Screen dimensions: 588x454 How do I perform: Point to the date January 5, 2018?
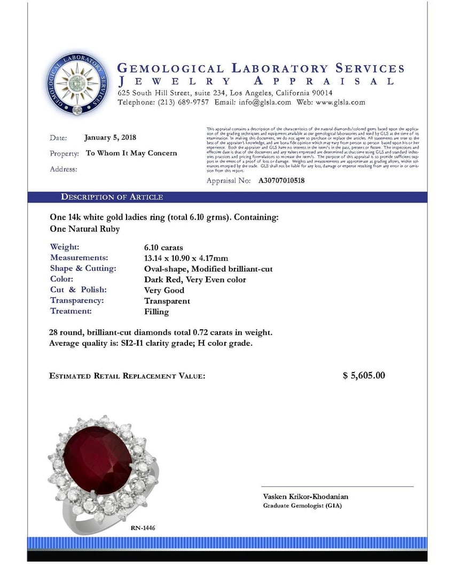pyautogui.click(x=110, y=137)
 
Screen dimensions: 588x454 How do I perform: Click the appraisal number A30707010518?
pyautogui.click(x=281, y=181)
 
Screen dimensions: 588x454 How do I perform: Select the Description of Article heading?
pyautogui.click(x=112, y=197)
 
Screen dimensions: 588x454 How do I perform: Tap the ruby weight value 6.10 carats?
pyautogui.click(x=163, y=247)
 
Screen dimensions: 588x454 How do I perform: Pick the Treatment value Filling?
pyautogui.click(x=156, y=312)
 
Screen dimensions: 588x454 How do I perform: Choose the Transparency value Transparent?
pyautogui.click(x=167, y=301)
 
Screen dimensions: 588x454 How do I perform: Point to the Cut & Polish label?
pyautogui.click(x=79, y=290)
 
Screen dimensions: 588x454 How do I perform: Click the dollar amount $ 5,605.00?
pyautogui.click(x=364, y=375)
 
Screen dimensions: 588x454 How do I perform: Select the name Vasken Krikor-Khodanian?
pyautogui.click(x=306, y=497)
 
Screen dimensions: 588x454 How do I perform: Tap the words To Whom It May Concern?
pyautogui.click(x=131, y=153)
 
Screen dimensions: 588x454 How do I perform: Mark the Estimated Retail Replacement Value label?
pyautogui.click(x=127, y=376)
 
